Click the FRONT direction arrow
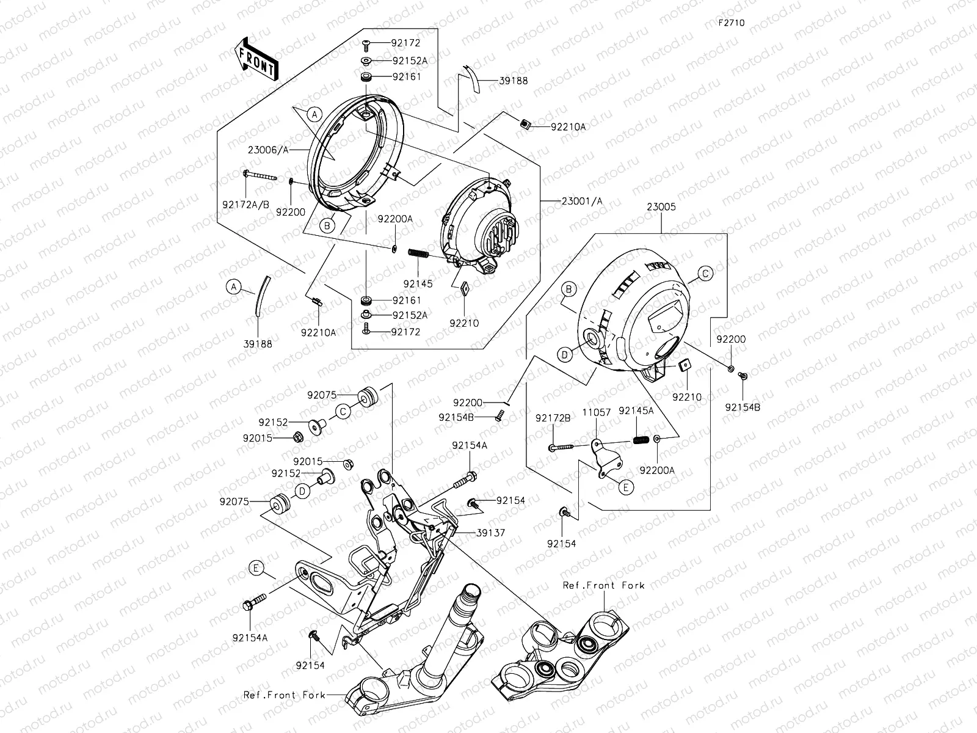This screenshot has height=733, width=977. (255, 59)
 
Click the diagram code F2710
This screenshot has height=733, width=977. (731, 23)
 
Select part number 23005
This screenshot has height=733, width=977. (661, 207)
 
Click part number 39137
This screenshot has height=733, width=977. (492, 533)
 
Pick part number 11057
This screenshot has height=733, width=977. (597, 412)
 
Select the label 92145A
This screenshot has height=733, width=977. (636, 411)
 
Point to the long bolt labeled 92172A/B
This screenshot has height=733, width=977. (263, 175)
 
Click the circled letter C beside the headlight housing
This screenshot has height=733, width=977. (705, 274)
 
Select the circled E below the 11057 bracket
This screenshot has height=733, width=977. (625, 487)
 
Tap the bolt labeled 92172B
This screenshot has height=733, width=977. (561, 448)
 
